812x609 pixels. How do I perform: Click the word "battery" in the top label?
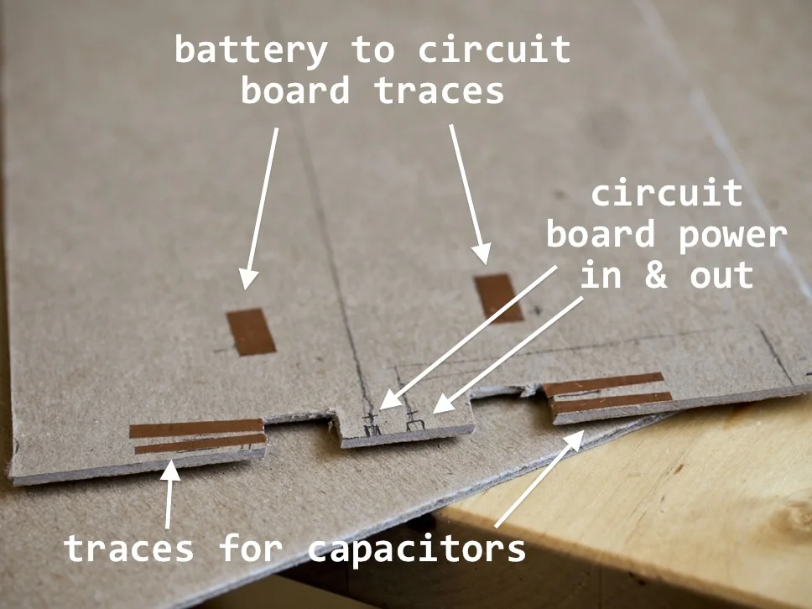250,50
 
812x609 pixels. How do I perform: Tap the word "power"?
732,235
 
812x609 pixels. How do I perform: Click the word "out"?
721,275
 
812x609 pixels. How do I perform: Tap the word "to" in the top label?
372,50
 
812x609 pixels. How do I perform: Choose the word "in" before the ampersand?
600,275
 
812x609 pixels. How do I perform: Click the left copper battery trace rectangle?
252,331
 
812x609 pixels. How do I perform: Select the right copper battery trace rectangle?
498,298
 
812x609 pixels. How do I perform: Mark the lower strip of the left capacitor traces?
200,444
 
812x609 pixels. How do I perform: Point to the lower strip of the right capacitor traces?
612,402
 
